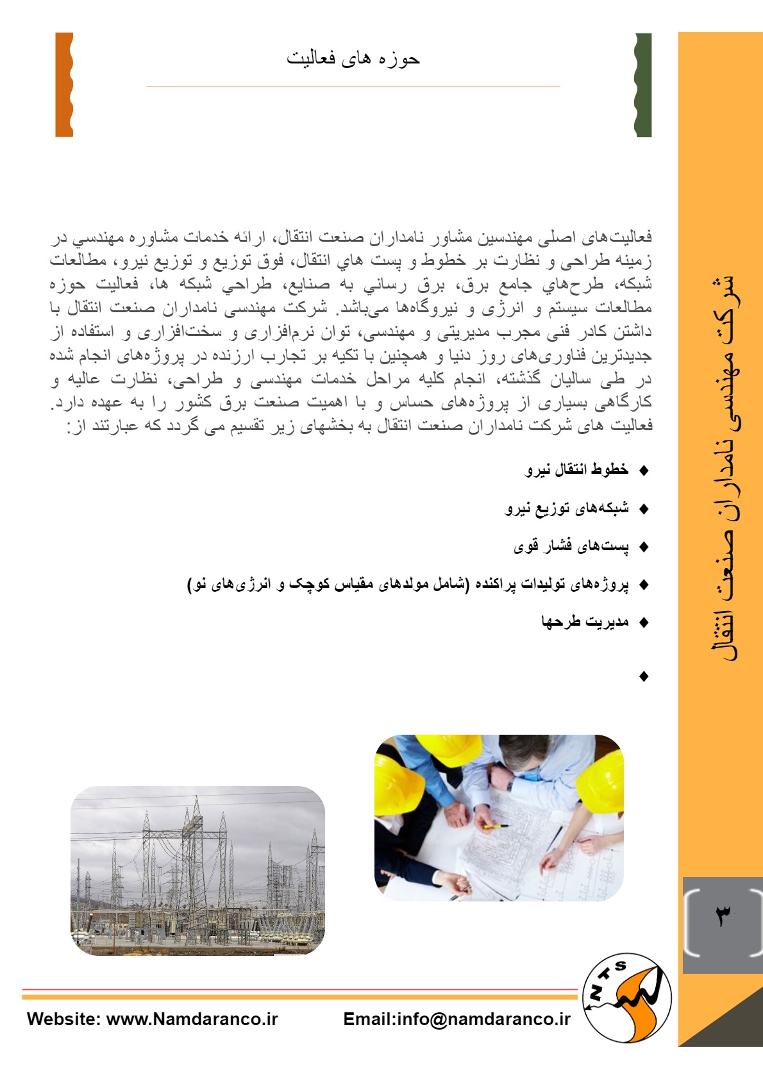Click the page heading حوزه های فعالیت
tap(353, 59)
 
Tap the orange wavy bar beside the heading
tap(64, 85)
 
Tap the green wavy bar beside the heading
tap(643, 85)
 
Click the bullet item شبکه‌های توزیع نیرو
tap(567, 508)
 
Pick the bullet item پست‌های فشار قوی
tap(571, 546)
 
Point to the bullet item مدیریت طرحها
tap(585, 622)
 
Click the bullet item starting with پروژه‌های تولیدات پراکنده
tap(408, 584)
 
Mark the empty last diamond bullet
tap(644, 676)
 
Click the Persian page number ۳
tap(723, 916)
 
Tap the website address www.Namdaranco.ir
tap(192, 1019)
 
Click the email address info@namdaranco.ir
tap(483, 1019)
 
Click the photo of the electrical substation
tap(197, 871)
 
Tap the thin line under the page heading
tap(353, 87)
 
